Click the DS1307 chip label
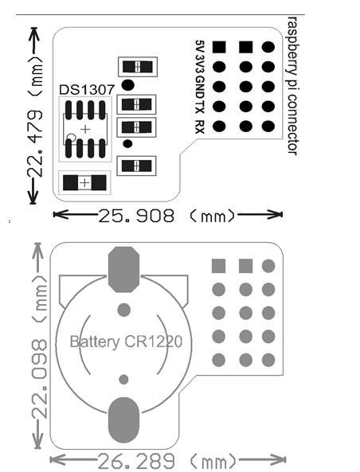[x=87, y=90]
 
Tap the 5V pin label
[x=199, y=46]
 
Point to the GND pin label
[x=199, y=88]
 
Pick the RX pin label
[x=199, y=127]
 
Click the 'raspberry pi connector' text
[x=292, y=86]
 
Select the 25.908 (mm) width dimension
[x=167, y=215]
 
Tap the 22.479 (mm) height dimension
[x=34, y=115]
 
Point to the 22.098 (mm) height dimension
[x=39, y=345]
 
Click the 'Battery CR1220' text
[x=126, y=341]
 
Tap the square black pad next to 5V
[x=219, y=47]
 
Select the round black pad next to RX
[x=219, y=126]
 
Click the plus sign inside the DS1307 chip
[x=85, y=129]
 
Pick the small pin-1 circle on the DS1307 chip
[x=72, y=138]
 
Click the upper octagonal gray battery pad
[x=123, y=269]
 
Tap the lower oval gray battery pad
[x=123, y=420]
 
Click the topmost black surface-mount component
[x=137, y=67]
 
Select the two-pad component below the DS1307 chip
[x=84, y=183]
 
